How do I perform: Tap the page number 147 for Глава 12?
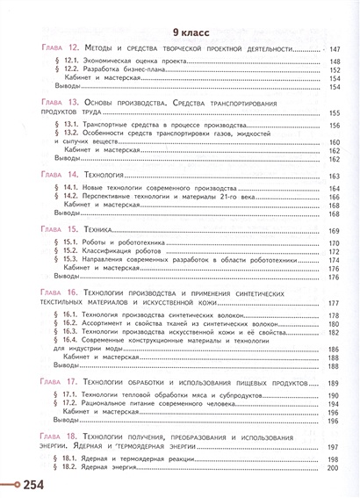[338, 49]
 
